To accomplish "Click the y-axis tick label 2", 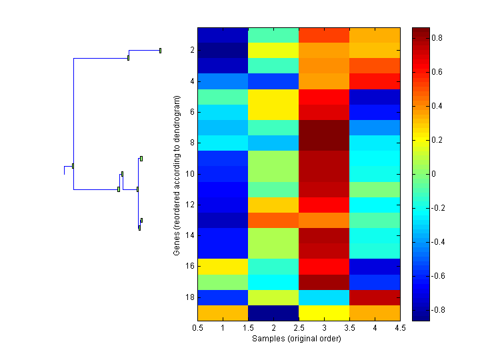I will coord(192,50).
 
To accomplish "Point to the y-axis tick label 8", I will coord(192,143).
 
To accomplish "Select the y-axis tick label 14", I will coord(190,235).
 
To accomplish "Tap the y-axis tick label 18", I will coord(190,297).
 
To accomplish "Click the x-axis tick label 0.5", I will coord(197,328).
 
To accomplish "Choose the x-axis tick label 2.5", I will coord(299,328).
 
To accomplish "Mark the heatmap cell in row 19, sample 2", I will coord(273,313).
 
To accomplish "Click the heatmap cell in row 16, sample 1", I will coord(223,267).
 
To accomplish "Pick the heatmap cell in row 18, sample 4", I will coord(375,297).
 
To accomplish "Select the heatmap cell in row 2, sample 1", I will coord(223,51).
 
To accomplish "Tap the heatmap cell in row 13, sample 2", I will coord(273,220).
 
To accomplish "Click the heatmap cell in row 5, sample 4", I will coord(375,97).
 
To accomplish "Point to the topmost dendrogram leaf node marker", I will coord(160,50).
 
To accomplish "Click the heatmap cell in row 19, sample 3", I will coord(324,313).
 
